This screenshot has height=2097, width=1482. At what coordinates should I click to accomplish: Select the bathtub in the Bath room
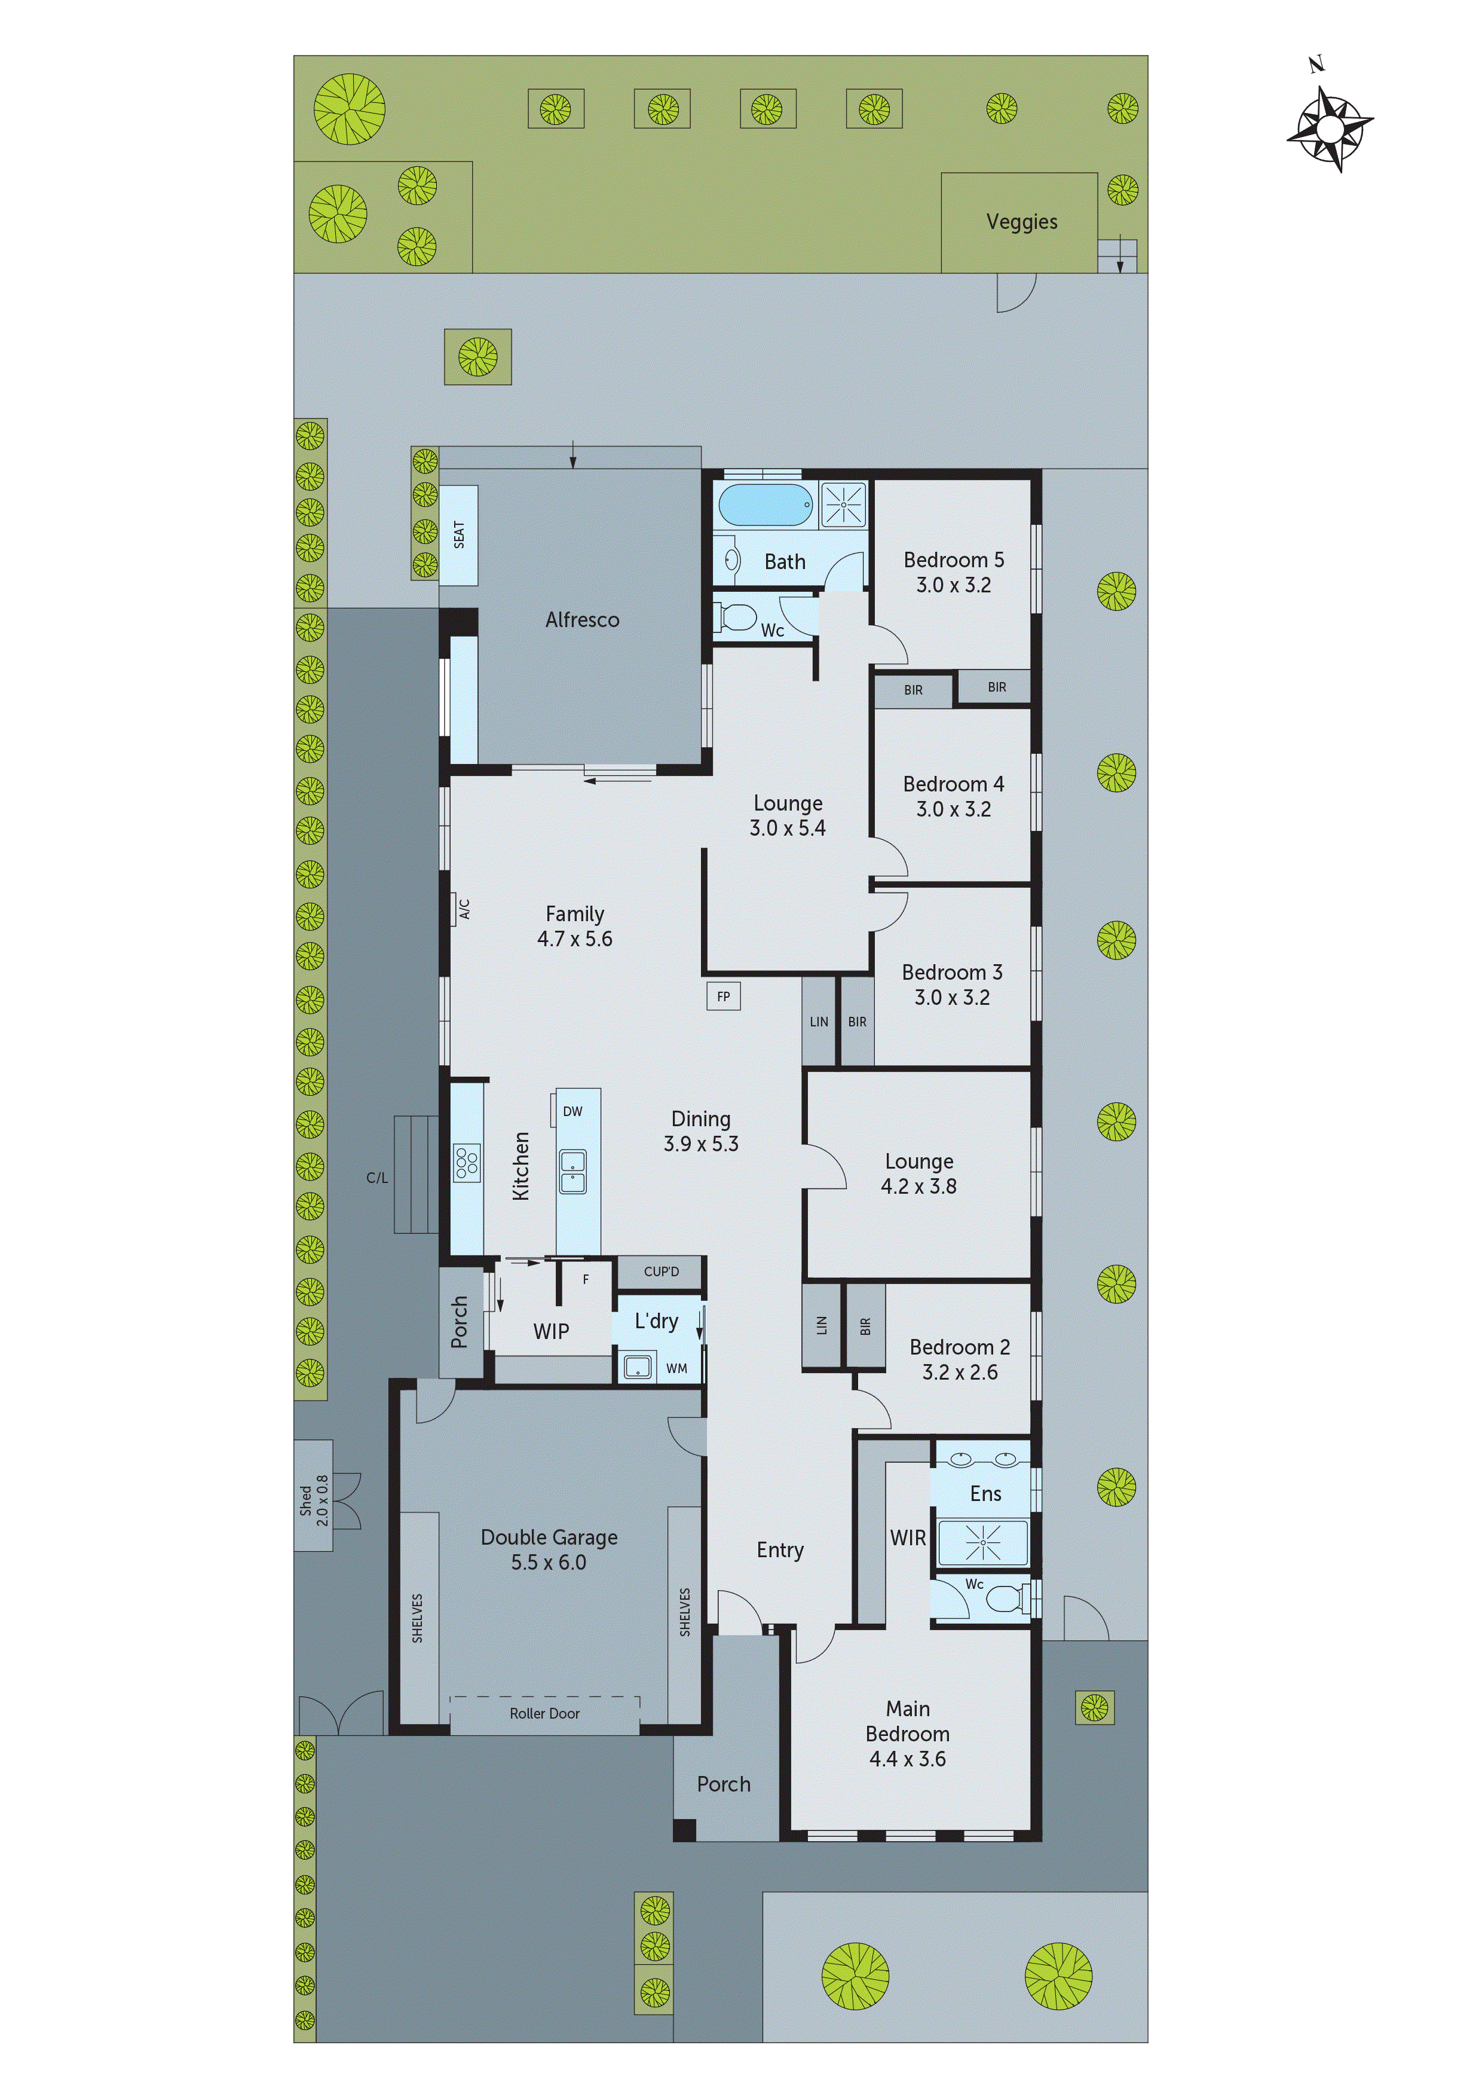(x=764, y=504)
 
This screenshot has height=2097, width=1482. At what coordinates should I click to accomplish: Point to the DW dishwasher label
(x=572, y=1111)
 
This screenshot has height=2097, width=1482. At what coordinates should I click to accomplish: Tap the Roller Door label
(x=544, y=1713)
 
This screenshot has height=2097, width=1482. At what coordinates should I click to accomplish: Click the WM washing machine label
(x=676, y=1368)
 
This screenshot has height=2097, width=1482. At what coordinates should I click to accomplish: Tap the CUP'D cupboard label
(x=661, y=1271)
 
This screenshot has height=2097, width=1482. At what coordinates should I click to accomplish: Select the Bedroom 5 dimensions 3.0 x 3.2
(x=953, y=585)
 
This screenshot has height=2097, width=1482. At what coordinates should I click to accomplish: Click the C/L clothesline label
(x=377, y=1178)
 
